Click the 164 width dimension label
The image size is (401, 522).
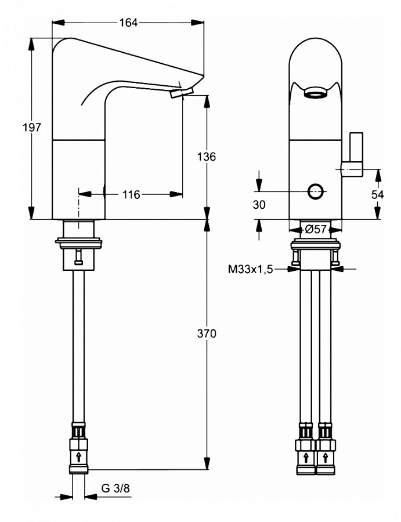[128, 23]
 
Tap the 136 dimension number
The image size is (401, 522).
[207, 157]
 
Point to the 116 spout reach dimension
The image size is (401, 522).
[131, 194]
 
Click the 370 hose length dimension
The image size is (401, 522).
[207, 333]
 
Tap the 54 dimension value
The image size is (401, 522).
[378, 195]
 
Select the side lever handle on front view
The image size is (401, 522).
[355, 153]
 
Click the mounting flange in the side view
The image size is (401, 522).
[80, 239]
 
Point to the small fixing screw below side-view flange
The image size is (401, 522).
[78, 259]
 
